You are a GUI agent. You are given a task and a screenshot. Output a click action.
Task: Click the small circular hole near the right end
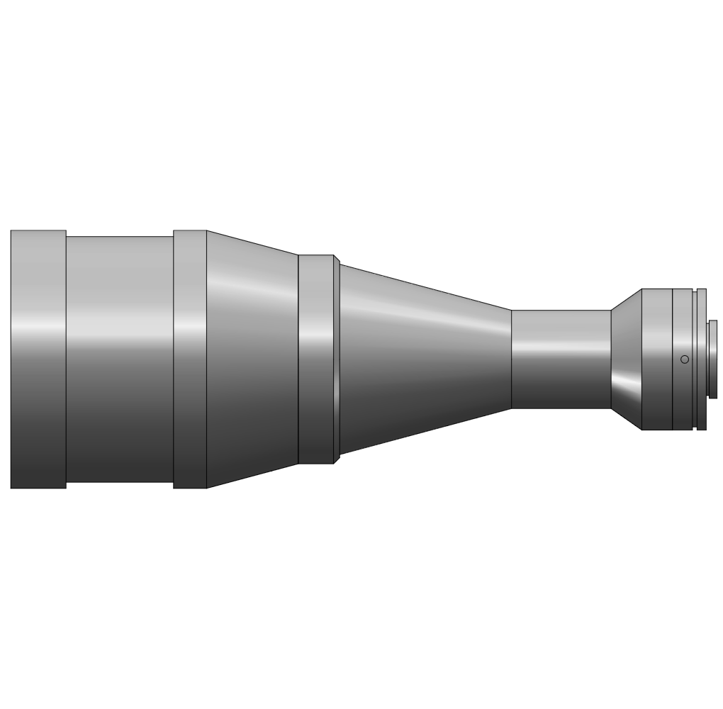(x=684, y=359)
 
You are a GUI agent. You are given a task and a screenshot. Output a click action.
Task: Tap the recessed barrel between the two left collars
(x=119, y=397)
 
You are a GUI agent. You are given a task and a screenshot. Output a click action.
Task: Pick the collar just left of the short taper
(x=190, y=397)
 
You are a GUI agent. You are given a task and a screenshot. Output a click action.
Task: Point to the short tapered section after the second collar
(x=252, y=397)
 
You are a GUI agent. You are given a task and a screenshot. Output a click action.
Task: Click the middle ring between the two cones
(x=315, y=397)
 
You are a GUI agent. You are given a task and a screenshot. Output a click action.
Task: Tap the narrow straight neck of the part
(x=561, y=376)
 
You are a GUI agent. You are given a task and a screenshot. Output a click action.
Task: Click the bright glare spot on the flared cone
(x=627, y=384)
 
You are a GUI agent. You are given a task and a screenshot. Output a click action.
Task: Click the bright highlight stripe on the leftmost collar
(x=38, y=328)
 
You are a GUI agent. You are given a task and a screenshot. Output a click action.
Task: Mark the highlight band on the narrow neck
(x=561, y=346)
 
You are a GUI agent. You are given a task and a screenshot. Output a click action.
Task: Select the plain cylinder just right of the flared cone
(x=656, y=397)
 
